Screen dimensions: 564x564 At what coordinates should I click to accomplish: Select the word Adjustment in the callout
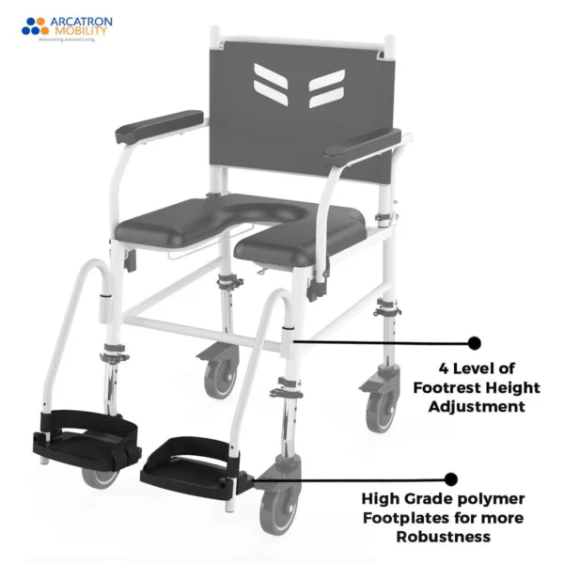477,407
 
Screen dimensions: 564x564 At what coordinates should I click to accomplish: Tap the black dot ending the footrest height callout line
474,343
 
